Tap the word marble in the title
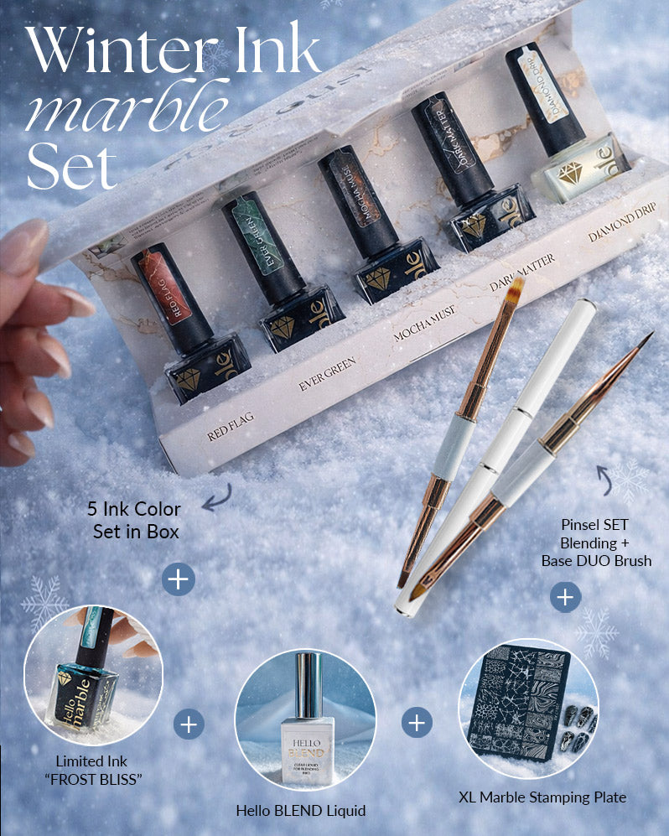click(x=126, y=109)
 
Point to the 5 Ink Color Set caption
click(x=134, y=520)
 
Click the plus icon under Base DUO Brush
click(x=566, y=597)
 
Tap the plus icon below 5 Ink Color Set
click(x=179, y=579)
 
